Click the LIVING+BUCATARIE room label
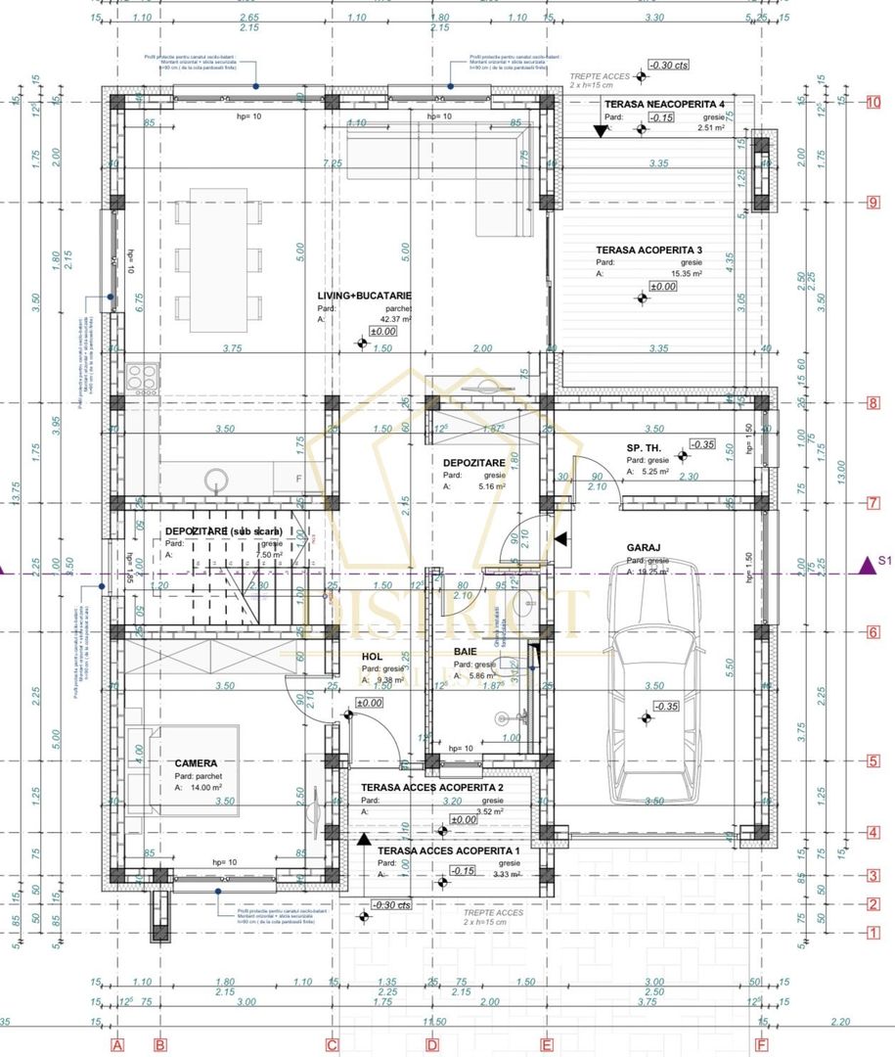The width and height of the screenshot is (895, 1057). point(364,295)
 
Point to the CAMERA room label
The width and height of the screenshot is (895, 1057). point(196,762)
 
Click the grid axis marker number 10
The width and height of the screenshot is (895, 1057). point(873,102)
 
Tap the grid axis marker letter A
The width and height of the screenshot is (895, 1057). point(118,1045)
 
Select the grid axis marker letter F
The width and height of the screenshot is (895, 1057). point(761,1045)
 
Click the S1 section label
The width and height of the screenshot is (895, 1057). point(886,562)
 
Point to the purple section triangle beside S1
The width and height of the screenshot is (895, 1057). point(865,564)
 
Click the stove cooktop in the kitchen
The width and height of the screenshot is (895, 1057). point(142,377)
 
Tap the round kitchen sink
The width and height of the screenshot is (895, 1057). point(216,480)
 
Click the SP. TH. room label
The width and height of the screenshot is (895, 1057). point(646,447)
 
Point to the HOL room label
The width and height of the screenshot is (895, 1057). point(372,658)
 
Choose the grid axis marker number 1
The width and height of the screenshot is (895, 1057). point(873,933)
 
